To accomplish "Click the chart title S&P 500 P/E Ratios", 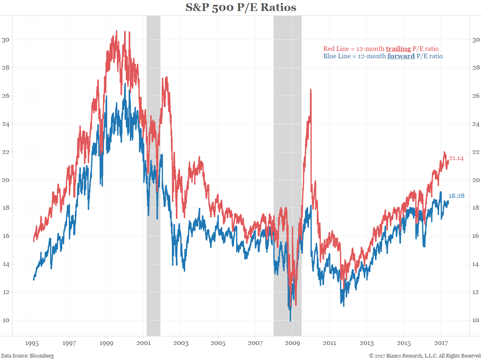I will (241, 7).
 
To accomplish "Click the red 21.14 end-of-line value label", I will (456, 158).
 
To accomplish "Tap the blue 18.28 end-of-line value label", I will (456, 196).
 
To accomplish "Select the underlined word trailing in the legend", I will (398, 49).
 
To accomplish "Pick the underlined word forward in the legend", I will (401, 56).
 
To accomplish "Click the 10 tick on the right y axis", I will (475, 320).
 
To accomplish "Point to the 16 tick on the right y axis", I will (475, 236).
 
